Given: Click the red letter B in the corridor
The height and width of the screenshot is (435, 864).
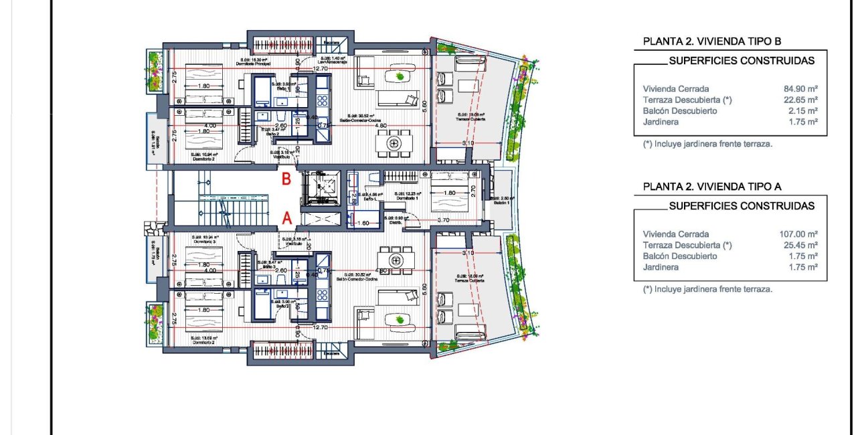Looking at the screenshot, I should pos(286,179).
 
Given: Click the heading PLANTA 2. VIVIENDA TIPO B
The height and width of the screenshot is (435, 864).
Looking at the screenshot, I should pos(712,41).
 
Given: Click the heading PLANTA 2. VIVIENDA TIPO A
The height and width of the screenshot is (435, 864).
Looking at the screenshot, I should pos(712,187).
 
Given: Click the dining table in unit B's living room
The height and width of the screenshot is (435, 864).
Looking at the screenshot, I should pos(395,143).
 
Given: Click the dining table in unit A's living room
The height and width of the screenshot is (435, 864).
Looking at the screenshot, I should pos(395,259).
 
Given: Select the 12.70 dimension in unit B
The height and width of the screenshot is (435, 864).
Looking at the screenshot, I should pos(321,68).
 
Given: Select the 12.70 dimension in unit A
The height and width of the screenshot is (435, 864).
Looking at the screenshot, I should pos(321,328).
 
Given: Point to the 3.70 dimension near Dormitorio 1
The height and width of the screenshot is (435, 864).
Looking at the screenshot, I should pos(442,220).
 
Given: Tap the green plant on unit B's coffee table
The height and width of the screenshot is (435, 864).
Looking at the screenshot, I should pos(400,77).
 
